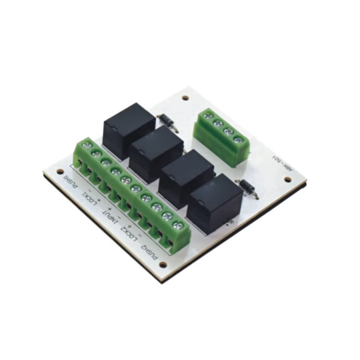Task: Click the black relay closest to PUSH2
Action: coord(214,204)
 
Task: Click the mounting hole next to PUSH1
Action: coord(60,172)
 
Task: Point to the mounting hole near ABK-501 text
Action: coord(288,180)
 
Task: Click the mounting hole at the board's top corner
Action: coord(185,98)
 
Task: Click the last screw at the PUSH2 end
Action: coord(178,225)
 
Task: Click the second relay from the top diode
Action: coord(156,155)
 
